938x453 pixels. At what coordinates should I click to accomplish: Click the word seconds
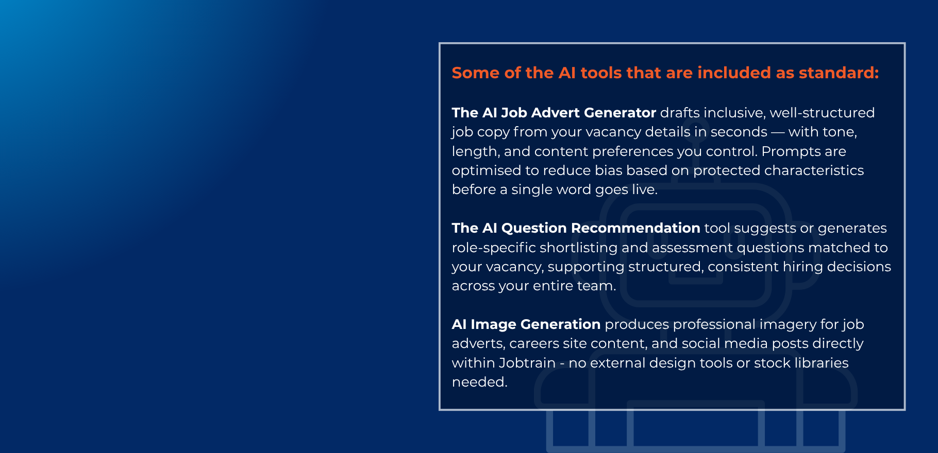point(739,132)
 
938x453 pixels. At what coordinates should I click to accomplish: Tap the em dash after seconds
point(778,132)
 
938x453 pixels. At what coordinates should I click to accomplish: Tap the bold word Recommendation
point(635,228)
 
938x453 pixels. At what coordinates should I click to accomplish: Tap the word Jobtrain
point(527,363)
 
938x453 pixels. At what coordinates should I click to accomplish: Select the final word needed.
point(479,382)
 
